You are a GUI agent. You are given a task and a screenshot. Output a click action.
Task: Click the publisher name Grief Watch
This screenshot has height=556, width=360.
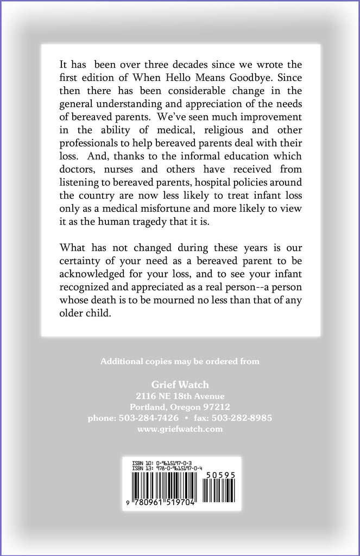[179, 384]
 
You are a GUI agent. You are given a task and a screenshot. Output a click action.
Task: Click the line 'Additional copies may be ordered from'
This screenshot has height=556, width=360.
[180, 361]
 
